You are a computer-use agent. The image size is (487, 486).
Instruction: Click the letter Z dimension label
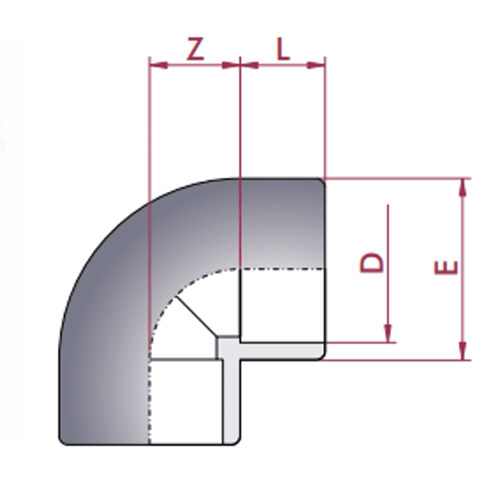[x=195, y=49]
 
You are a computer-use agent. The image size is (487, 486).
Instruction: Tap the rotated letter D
[x=372, y=262]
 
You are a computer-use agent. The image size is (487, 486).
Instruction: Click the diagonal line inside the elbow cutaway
[x=197, y=317]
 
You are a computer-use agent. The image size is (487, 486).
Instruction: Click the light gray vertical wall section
[x=231, y=402]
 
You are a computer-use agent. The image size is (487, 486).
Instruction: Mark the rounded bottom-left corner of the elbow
[x=63, y=440]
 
